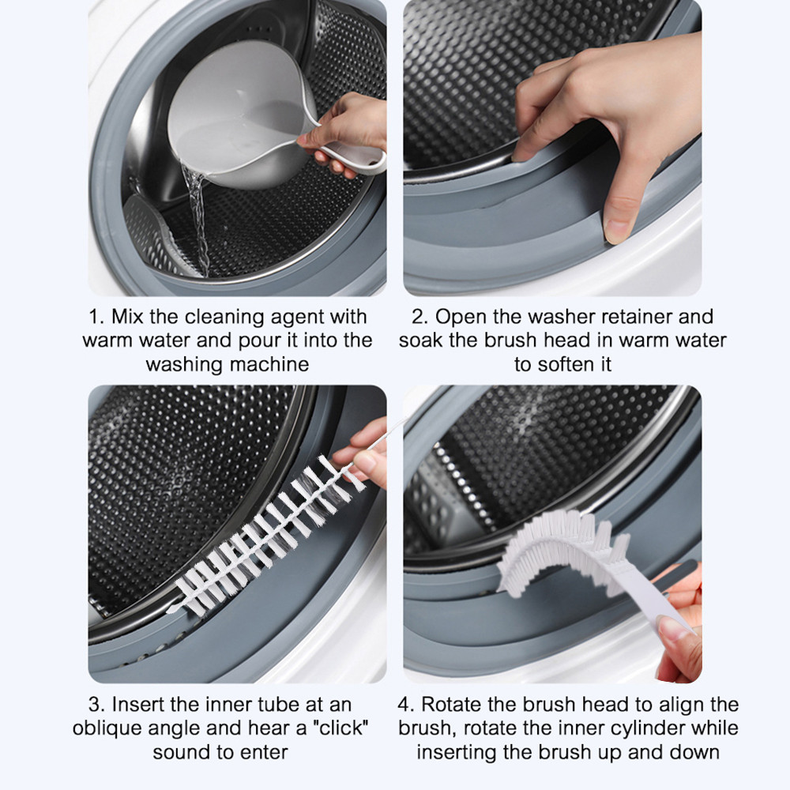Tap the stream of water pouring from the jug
pyautogui.click(x=197, y=222)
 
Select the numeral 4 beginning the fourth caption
pyautogui.click(x=404, y=705)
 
